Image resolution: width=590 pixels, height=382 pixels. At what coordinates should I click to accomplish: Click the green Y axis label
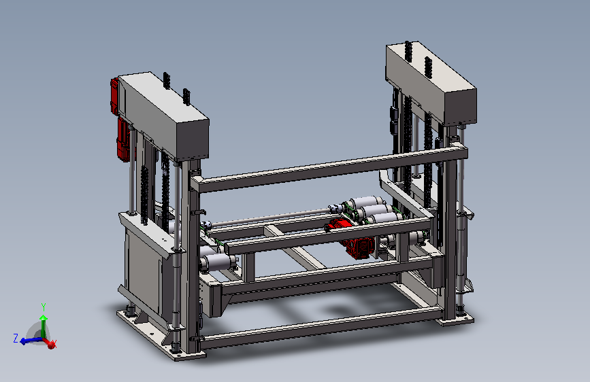point(44,307)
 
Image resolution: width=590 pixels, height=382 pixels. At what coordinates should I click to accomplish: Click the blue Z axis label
point(16,338)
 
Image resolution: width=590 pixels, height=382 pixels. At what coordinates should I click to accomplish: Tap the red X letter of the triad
point(54,344)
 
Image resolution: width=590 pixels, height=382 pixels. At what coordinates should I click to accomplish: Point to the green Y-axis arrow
point(44,327)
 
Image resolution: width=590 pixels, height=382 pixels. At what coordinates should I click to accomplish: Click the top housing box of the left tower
point(164,116)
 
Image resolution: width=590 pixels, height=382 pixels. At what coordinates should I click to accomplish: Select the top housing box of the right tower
point(431,83)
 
